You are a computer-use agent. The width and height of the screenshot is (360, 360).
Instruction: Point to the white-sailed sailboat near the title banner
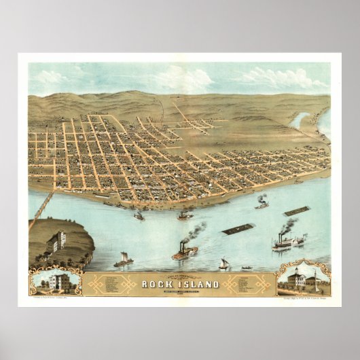click(x=224, y=263)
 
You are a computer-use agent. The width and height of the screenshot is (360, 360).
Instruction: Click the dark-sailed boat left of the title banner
click(x=124, y=259)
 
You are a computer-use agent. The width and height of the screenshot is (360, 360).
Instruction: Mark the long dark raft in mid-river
click(x=238, y=229)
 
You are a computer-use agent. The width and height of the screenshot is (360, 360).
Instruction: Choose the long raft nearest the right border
click(x=296, y=211)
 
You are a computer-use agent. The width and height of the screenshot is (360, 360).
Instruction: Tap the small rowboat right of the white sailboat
click(x=247, y=267)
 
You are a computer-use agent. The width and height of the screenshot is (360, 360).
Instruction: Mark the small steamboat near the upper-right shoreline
click(x=262, y=203)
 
